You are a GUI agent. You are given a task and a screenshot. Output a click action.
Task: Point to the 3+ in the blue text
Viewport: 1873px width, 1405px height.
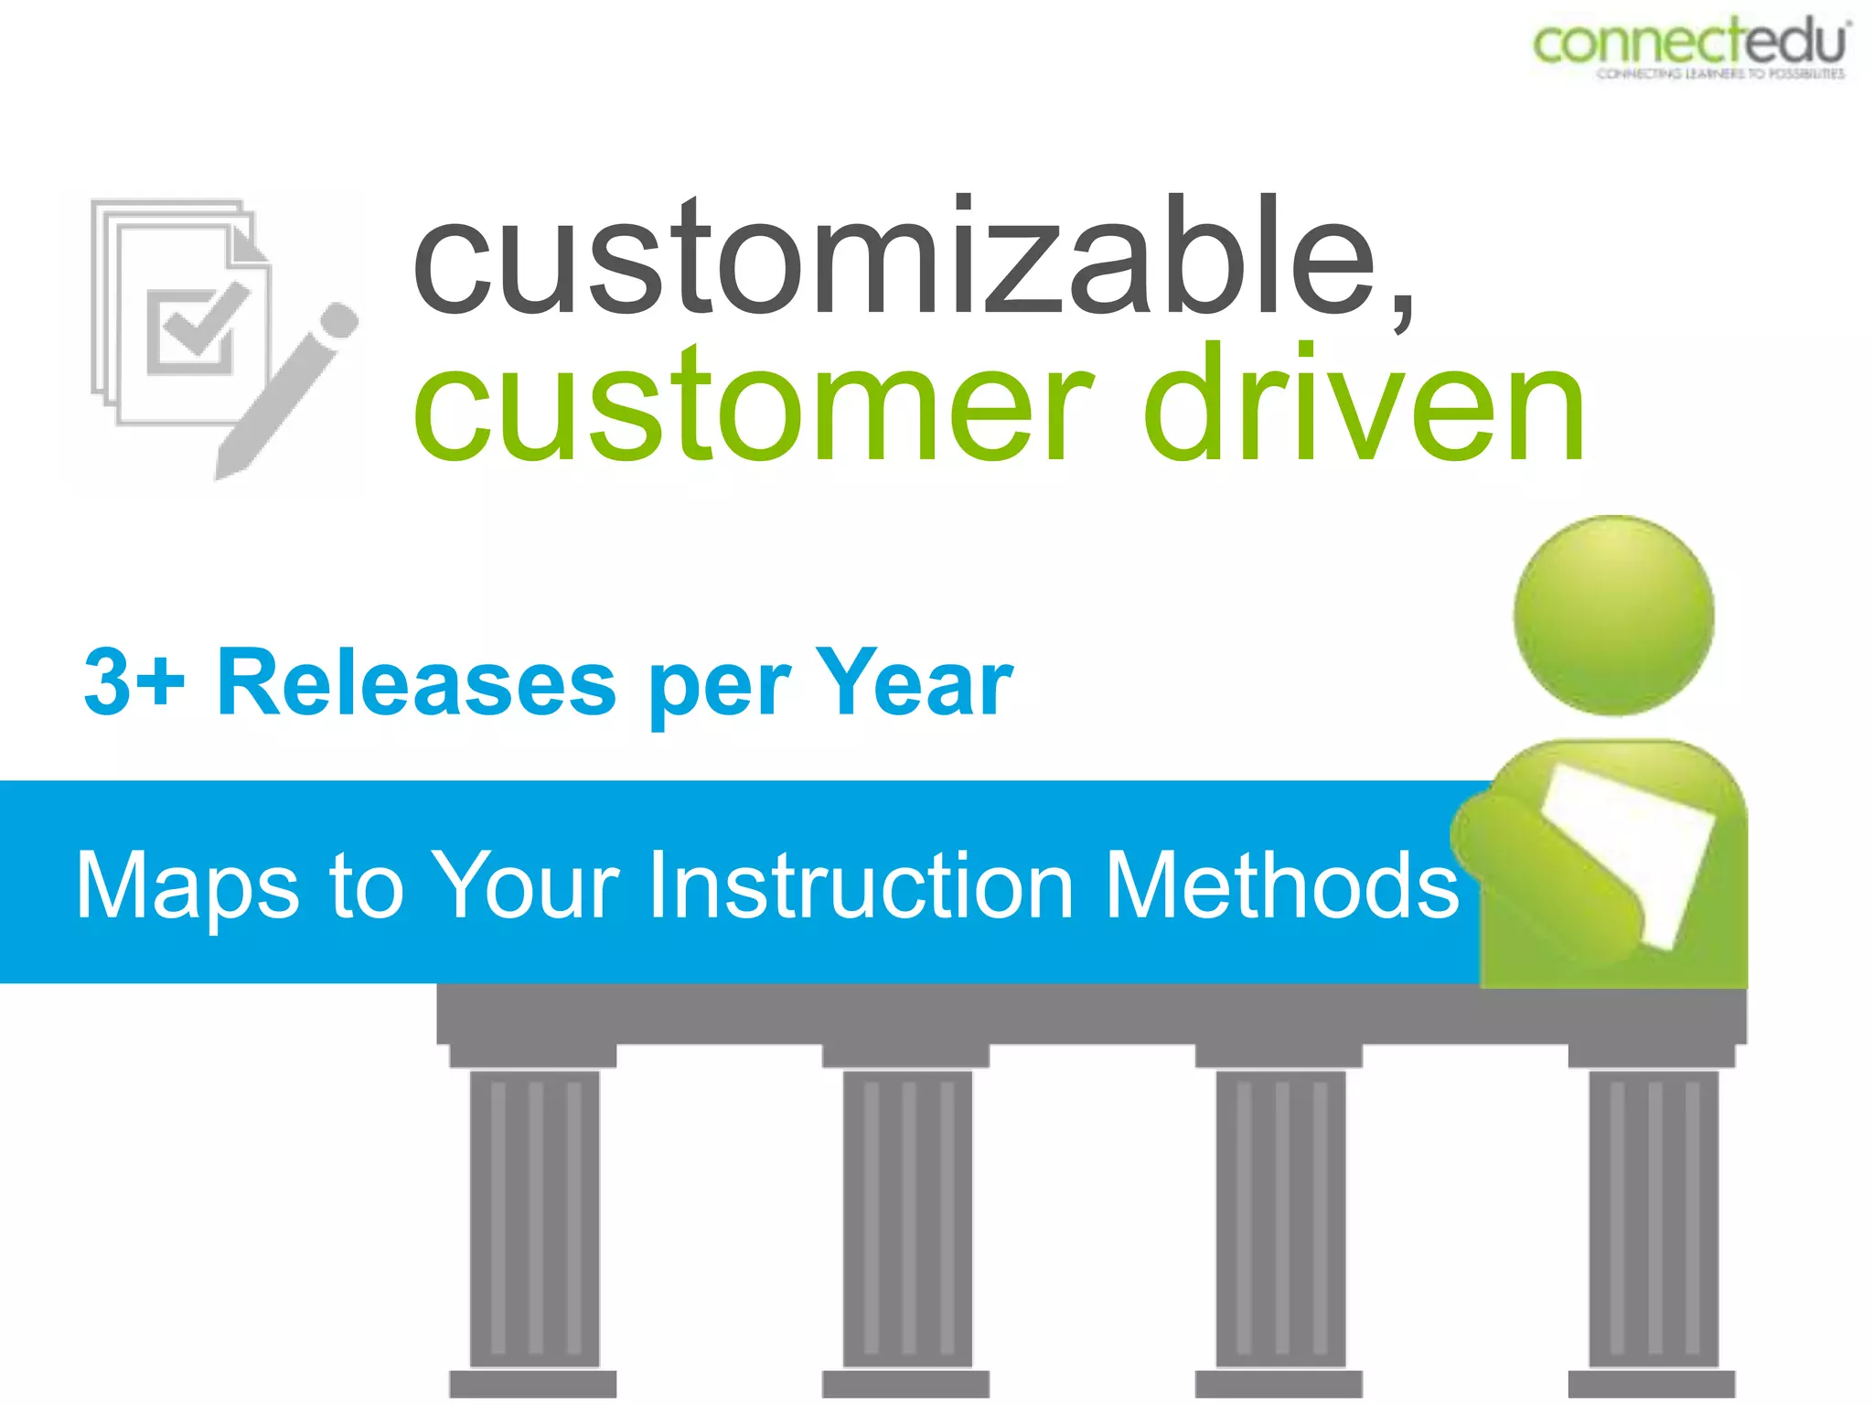(134, 681)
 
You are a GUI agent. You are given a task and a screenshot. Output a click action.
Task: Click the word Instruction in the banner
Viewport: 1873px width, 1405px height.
(860, 885)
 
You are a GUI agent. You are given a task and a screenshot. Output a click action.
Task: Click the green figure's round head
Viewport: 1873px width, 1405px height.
(1613, 615)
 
